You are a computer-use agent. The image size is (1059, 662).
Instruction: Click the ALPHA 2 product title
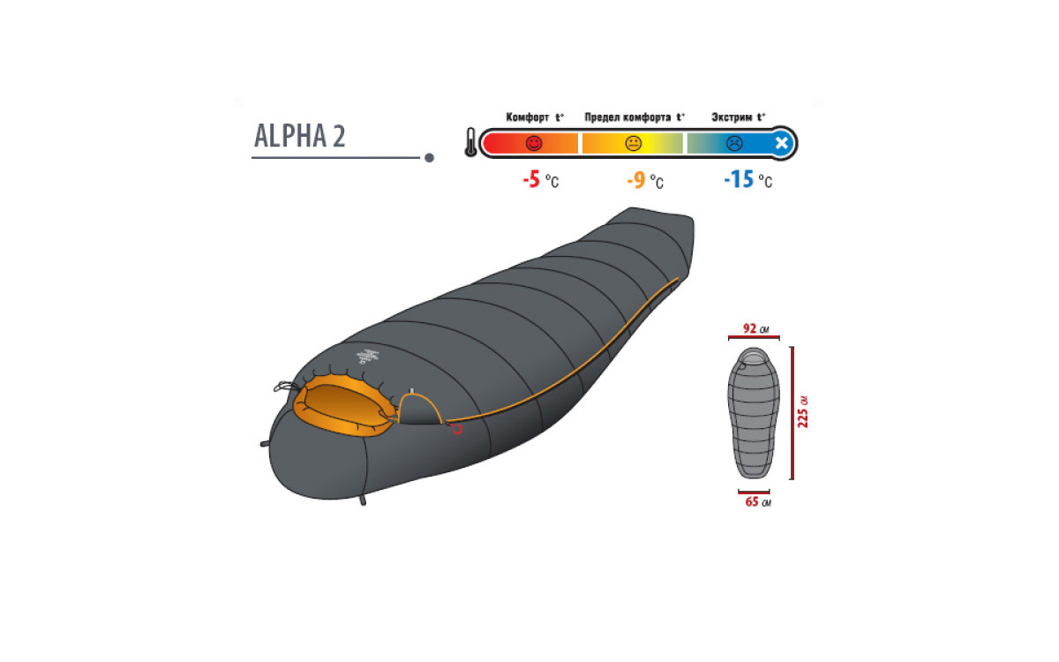click(300, 136)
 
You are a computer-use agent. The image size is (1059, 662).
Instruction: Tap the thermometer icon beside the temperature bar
click(471, 142)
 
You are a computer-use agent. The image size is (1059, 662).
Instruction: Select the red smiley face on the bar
click(534, 143)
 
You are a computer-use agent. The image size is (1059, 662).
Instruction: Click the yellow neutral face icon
click(633, 143)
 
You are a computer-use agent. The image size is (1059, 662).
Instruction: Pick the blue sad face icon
click(734, 143)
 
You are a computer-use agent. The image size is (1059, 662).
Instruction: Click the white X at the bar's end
click(782, 143)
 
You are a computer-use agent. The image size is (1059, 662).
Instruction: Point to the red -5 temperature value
click(531, 180)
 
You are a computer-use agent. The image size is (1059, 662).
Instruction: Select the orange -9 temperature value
click(636, 180)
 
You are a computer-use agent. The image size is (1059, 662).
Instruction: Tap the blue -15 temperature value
click(739, 180)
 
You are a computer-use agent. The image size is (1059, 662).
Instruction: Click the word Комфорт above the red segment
click(528, 117)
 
